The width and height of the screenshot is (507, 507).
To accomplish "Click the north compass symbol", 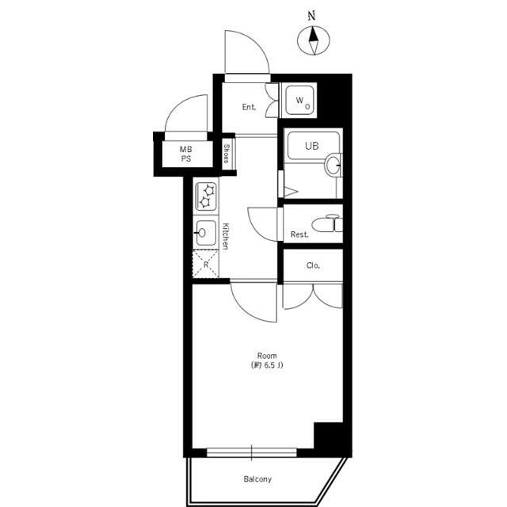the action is pyautogui.click(x=314, y=40).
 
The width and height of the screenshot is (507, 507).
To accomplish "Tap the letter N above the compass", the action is pyautogui.click(x=311, y=16).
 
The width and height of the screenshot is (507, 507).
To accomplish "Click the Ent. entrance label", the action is pyautogui.click(x=249, y=107).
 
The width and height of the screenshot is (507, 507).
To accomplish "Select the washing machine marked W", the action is pyautogui.click(x=299, y=101).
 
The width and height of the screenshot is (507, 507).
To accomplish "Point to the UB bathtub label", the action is pyautogui.click(x=311, y=146).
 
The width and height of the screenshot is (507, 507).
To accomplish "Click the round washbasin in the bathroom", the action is pyautogui.click(x=334, y=165).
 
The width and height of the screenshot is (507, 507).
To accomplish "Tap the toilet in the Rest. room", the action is pyautogui.click(x=326, y=223).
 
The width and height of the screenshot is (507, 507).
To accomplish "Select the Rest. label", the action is pyautogui.click(x=299, y=234).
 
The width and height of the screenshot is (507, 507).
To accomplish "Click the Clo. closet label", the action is pyautogui.click(x=313, y=265).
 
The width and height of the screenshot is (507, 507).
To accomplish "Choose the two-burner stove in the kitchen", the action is pyautogui.click(x=206, y=196).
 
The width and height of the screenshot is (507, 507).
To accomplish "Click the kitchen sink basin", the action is pyautogui.click(x=206, y=233).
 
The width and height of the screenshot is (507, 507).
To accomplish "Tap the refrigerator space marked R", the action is pyautogui.click(x=206, y=264).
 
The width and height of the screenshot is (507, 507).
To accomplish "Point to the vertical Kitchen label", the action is pyautogui.click(x=226, y=236).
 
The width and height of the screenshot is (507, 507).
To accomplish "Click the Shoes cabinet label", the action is pyautogui.click(x=227, y=153).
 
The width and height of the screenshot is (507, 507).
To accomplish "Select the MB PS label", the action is pyautogui.click(x=186, y=154).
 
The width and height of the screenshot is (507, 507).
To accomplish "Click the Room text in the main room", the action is pyautogui.click(x=267, y=356).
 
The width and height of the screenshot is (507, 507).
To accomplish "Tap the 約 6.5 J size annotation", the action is pyautogui.click(x=267, y=365).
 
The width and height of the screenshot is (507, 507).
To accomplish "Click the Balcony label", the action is pyautogui.click(x=257, y=478).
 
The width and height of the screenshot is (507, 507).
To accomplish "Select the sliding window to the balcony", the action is pyautogui.click(x=252, y=452).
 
